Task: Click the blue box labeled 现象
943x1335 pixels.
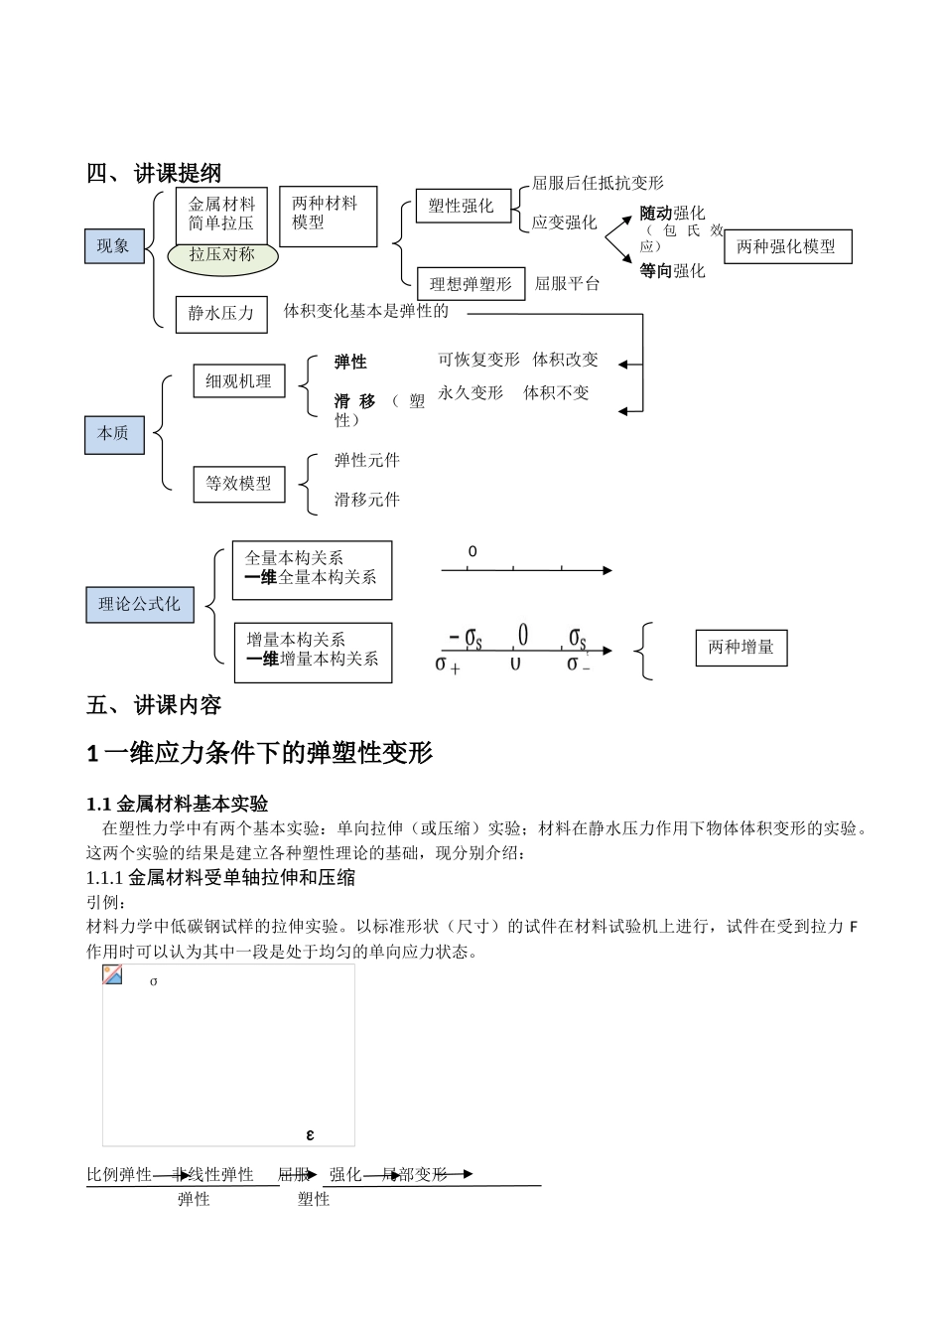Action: [114, 246]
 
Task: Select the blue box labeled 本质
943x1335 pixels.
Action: [114, 433]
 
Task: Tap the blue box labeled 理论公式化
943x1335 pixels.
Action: [139, 604]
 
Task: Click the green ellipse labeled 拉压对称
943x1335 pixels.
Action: [222, 255]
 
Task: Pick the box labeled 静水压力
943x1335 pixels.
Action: [221, 313]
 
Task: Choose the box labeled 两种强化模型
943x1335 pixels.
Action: [787, 247]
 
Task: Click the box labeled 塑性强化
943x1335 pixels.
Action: [462, 206]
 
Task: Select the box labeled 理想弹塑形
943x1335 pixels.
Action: [471, 284]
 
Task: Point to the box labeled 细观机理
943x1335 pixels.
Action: [238, 381]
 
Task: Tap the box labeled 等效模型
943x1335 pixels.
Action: [238, 484]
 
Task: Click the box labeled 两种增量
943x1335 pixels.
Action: [741, 648]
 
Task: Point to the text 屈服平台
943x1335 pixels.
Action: [568, 284]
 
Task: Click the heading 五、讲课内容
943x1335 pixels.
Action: [154, 706]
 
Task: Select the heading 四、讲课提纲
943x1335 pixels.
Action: [154, 173]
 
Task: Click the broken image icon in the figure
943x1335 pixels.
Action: [113, 974]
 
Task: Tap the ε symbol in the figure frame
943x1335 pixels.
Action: [311, 1134]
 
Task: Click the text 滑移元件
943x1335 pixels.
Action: [367, 500]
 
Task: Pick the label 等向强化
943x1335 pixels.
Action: [672, 270]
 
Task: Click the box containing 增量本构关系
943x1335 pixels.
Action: [313, 653]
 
